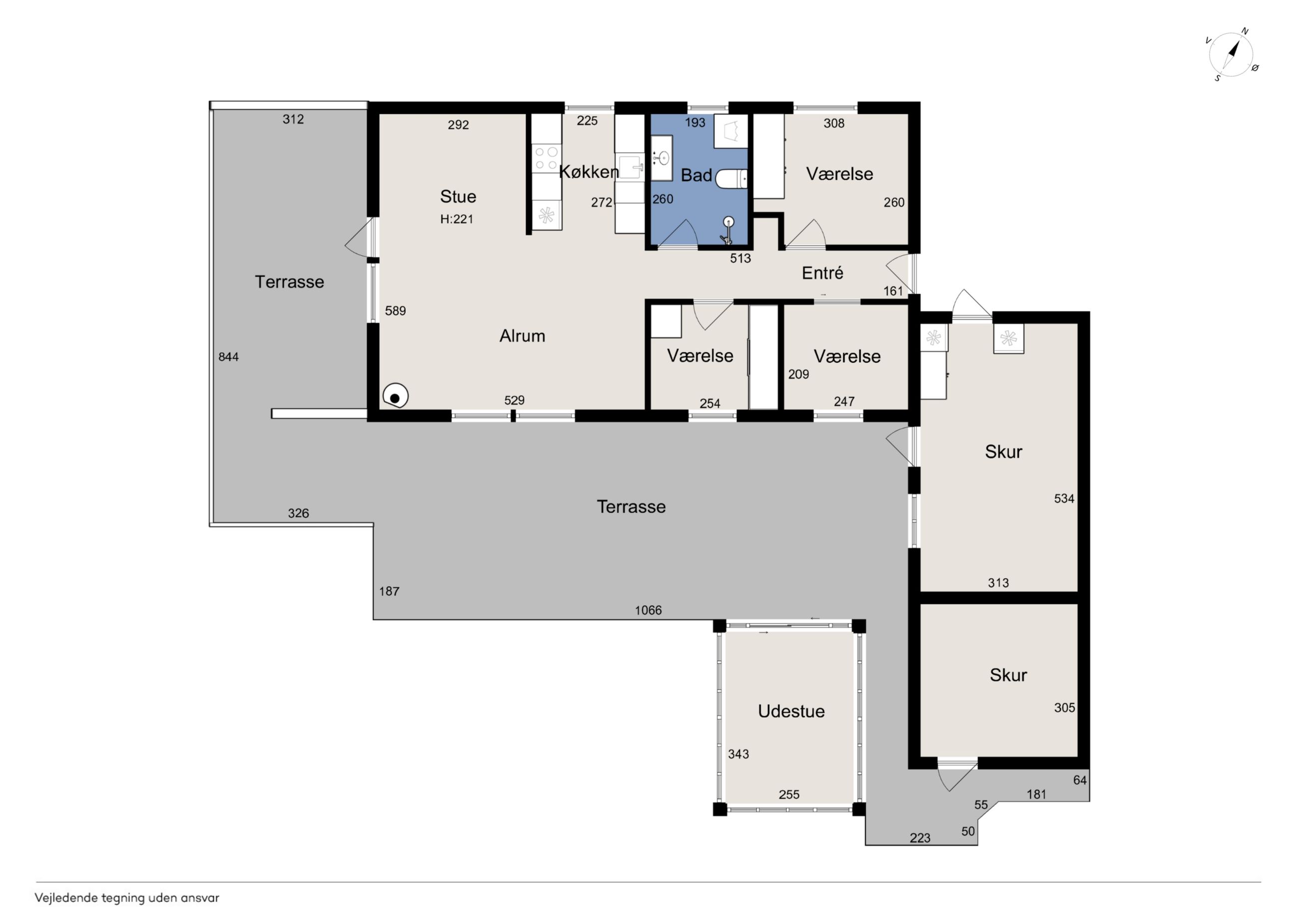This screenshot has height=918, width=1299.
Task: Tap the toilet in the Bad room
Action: (731, 179)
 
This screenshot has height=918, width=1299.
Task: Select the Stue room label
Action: (458, 196)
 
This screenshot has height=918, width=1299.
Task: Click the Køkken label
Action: (589, 171)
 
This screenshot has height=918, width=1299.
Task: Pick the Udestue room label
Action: (791, 711)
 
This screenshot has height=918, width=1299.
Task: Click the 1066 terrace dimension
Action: (648, 610)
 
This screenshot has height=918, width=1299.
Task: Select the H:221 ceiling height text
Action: (457, 219)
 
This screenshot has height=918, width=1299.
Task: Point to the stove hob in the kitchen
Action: (546, 158)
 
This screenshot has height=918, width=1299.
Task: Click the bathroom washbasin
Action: (661, 158)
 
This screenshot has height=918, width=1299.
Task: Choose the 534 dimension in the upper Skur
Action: (1064, 498)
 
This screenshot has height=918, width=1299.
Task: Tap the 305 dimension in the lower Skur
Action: (1064, 708)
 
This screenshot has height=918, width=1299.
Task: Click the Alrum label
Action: (522, 336)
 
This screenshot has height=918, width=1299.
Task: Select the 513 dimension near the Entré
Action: (740, 259)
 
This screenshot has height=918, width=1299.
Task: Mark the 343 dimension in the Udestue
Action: (738, 754)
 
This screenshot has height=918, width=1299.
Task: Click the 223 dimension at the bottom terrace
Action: (920, 838)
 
